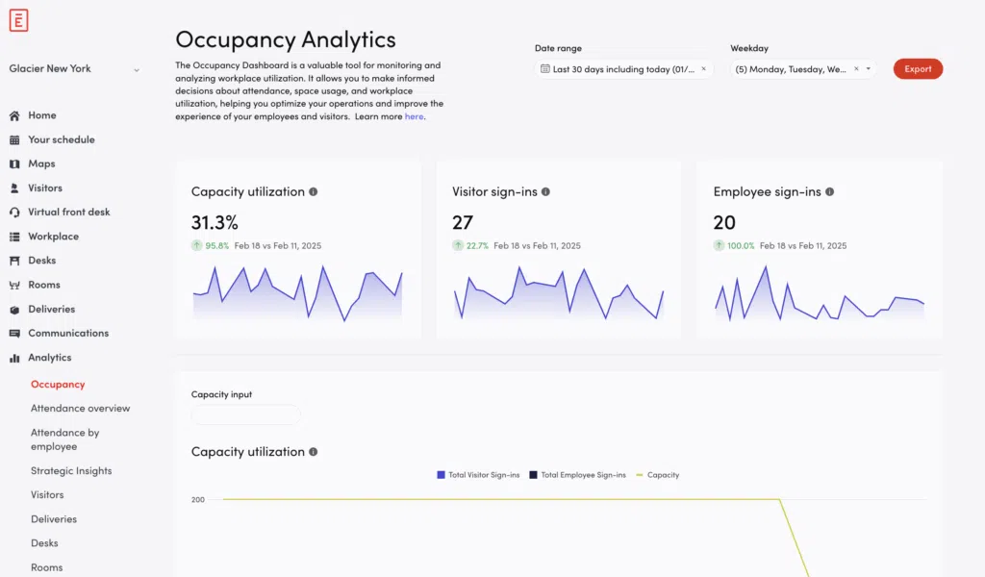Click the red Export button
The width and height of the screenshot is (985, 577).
[918, 69]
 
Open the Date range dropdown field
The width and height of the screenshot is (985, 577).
[623, 69]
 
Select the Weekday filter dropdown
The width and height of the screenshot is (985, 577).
[801, 69]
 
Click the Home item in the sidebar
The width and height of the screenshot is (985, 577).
[41, 115]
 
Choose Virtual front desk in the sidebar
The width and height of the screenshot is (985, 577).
[68, 213]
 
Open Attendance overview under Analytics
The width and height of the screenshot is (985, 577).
[80, 409]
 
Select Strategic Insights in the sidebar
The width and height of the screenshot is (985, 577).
[71, 471]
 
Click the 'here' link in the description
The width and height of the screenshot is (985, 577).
[414, 116]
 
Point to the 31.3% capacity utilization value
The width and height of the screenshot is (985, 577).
[215, 223]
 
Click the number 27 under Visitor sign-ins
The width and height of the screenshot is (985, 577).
[463, 223]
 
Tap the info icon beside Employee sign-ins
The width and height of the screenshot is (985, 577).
[830, 192]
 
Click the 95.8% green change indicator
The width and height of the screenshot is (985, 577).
[215, 246]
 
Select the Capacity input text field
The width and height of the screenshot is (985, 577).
[246, 415]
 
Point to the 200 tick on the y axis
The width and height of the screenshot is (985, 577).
[198, 500]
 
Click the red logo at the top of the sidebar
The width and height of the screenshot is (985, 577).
[18, 20]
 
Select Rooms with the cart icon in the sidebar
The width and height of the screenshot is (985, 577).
[43, 286]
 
